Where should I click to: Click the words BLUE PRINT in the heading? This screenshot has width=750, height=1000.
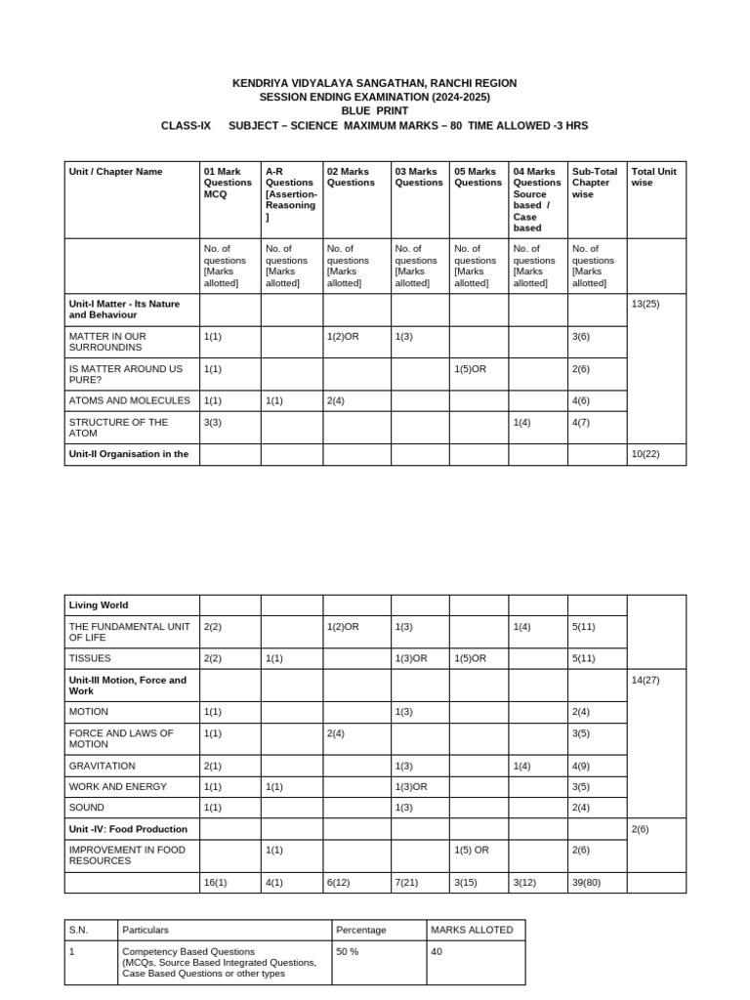(x=374, y=111)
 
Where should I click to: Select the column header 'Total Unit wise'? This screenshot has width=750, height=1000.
(x=653, y=177)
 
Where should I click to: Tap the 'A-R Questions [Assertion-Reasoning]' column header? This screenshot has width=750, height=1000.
(x=290, y=193)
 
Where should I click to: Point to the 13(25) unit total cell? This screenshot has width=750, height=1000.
(x=646, y=304)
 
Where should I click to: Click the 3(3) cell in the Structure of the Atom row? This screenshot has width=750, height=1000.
(x=213, y=422)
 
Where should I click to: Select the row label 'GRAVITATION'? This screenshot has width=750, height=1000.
(x=103, y=766)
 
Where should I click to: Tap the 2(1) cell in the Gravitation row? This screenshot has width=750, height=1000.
(x=213, y=766)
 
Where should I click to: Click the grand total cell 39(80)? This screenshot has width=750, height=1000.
(x=589, y=882)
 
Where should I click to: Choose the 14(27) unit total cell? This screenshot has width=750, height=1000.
(x=646, y=680)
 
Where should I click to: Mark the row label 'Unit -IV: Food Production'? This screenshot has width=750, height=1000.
(x=128, y=828)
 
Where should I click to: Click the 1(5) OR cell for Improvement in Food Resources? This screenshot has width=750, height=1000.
(x=472, y=850)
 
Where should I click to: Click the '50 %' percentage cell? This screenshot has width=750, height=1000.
(x=348, y=951)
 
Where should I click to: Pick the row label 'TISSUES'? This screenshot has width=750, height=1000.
(x=89, y=658)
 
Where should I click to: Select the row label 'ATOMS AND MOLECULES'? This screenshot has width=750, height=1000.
(x=129, y=400)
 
